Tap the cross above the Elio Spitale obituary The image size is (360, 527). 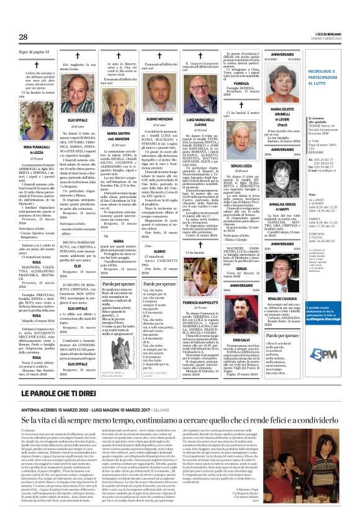pyautogui.click(x=78, y=63)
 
